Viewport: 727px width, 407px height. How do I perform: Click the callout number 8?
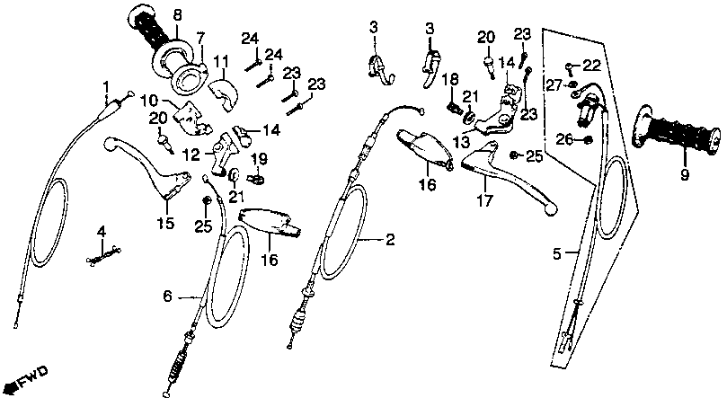176,14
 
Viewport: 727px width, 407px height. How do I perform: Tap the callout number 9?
685,174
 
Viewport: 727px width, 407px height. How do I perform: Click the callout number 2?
389,240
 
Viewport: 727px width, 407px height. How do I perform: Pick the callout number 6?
167,296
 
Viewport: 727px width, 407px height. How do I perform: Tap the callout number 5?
558,254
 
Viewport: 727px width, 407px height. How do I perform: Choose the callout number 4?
102,232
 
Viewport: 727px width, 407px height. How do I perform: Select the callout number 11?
219,61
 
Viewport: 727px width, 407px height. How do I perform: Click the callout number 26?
563,138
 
